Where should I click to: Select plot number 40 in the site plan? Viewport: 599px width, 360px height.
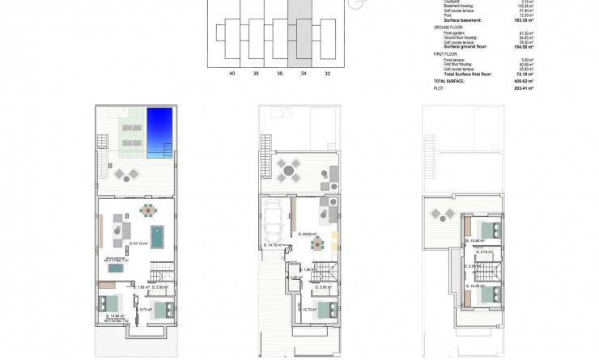232,73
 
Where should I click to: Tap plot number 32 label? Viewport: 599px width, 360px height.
326,73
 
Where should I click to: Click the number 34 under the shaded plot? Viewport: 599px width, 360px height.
304,73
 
